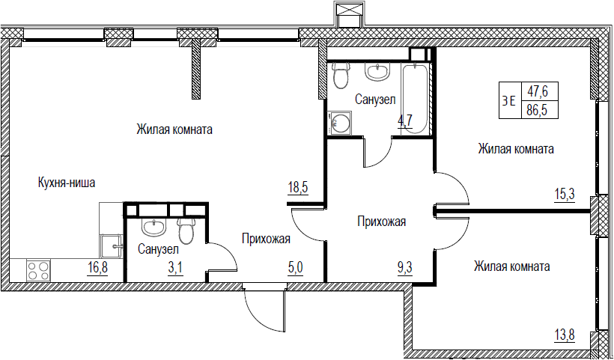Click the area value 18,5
click(298, 187)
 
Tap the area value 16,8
click(97, 269)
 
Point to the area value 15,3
click(565, 194)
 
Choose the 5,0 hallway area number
click(295, 269)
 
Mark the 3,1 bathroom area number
click(176, 269)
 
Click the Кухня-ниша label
click(67, 183)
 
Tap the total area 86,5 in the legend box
click(537, 110)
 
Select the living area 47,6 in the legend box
click(537, 92)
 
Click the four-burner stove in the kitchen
click(38, 270)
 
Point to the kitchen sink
click(112, 246)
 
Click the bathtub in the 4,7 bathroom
click(415, 99)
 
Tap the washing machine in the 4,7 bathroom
click(340, 123)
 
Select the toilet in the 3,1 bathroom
click(186, 231)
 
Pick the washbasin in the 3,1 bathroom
click(154, 228)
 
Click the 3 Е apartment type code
click(508, 101)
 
